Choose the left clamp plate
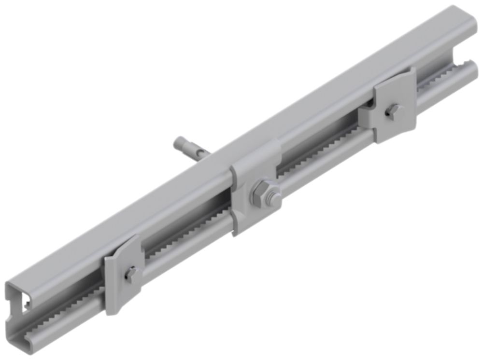(123, 275)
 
